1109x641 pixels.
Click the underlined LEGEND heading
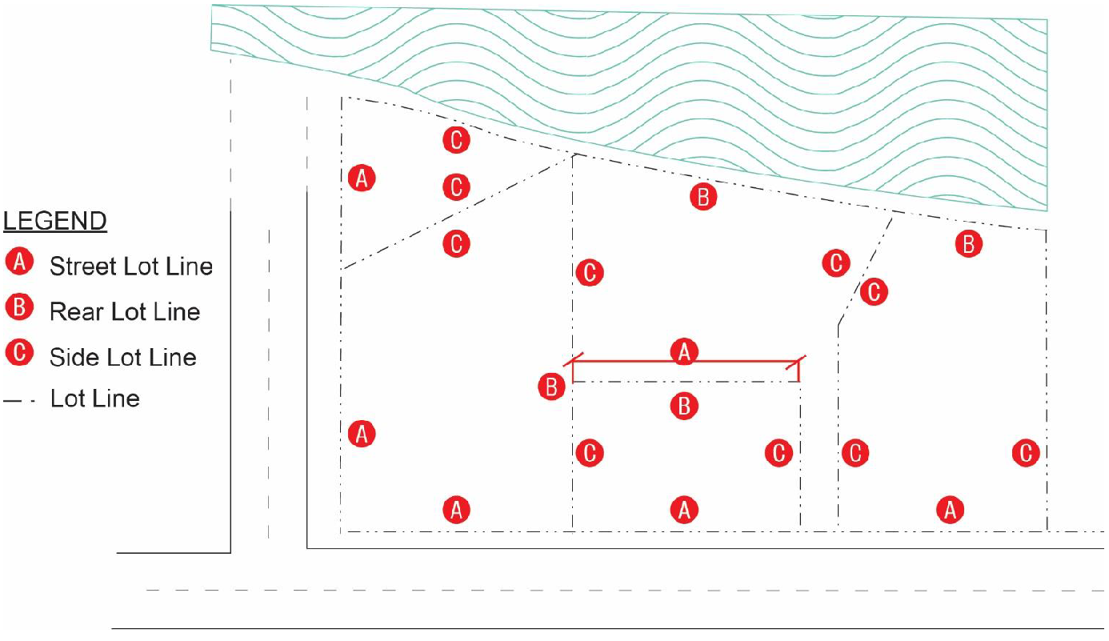coord(55,221)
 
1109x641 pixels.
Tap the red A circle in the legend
coord(19,262)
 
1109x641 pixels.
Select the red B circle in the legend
coord(19,307)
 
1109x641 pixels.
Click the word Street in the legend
coord(84,266)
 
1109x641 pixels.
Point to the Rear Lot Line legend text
coord(125,312)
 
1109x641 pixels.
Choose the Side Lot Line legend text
coord(123,358)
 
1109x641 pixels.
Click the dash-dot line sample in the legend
coord(19,400)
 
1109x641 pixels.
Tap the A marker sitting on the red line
coord(684,352)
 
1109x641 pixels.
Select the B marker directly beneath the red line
coord(684,406)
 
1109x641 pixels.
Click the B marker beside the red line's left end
coord(551,387)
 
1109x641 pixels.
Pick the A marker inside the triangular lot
coord(362,178)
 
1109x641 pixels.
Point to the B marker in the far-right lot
coord(968,244)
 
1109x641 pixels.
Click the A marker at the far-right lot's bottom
coord(950,509)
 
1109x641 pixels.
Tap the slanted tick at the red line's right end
coord(795,363)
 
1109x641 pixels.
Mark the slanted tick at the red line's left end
coord(574,359)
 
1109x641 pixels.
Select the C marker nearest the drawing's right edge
coord(1026,452)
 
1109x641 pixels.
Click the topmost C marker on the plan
coord(456,139)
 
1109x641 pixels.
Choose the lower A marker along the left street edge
coord(362,434)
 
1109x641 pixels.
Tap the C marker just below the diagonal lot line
coord(456,243)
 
